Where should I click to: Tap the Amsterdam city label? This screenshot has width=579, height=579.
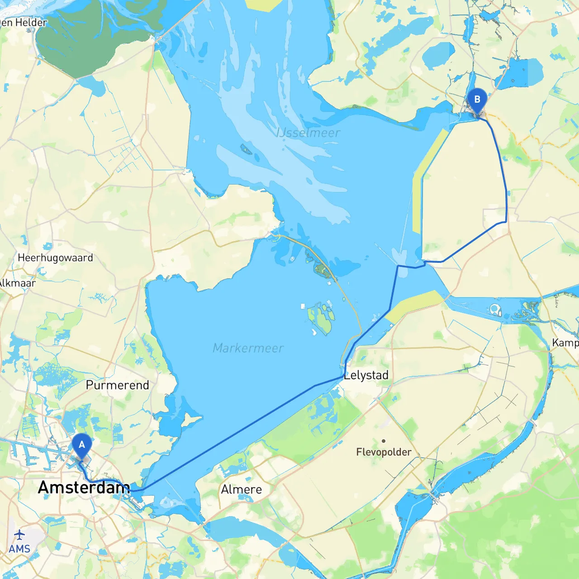(84, 488)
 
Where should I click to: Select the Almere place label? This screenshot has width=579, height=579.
(241, 489)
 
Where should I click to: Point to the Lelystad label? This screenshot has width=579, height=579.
(366, 375)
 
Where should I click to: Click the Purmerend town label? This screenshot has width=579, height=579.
(117, 385)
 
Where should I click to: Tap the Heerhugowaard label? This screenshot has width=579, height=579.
(55, 258)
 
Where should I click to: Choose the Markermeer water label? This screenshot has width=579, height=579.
(248, 348)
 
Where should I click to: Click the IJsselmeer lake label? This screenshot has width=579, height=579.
(308, 133)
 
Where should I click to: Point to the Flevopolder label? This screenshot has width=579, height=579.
(384, 452)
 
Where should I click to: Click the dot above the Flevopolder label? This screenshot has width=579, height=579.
(384, 441)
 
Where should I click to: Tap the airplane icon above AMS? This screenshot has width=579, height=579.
(19, 535)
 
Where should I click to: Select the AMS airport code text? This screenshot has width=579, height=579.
(19, 549)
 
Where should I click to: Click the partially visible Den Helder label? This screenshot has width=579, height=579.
(23, 23)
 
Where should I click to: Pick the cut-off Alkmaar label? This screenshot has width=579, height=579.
(17, 283)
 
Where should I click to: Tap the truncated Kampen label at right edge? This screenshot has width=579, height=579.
(565, 343)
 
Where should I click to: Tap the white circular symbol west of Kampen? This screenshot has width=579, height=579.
(496, 310)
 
